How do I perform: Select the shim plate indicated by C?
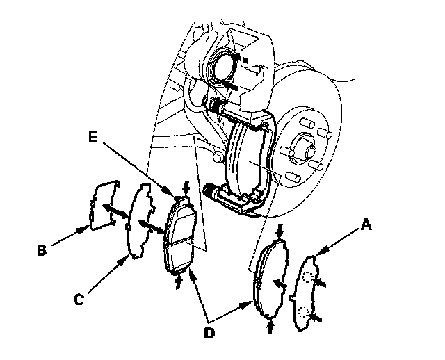tap(141, 219)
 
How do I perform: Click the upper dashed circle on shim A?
tap(307, 278)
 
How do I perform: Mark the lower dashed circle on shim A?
tap(303, 313)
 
